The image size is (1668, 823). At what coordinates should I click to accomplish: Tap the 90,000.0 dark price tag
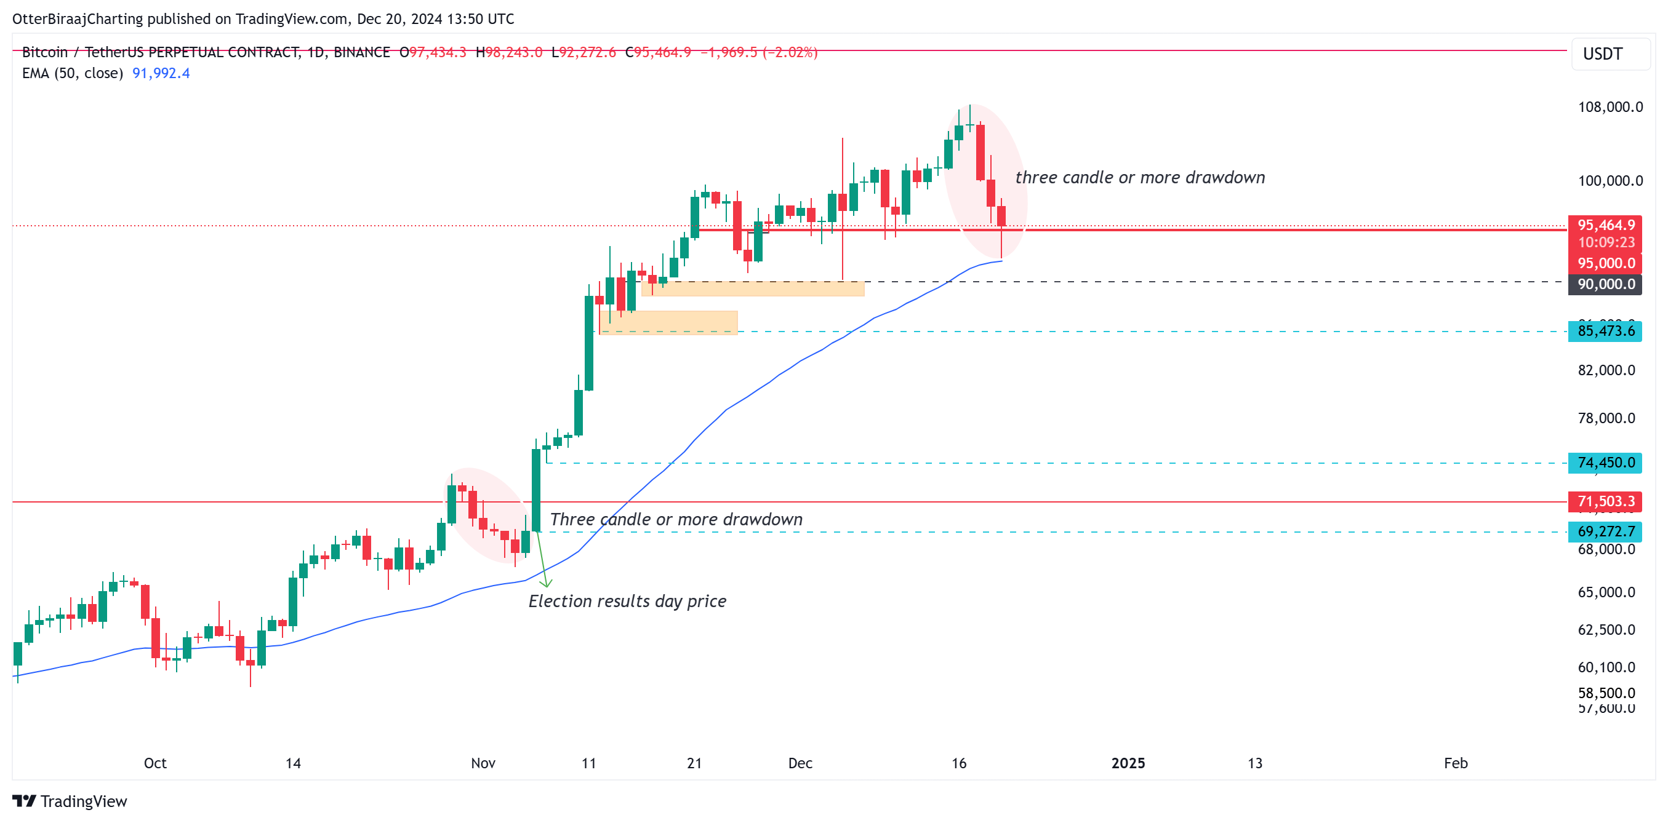[1605, 284]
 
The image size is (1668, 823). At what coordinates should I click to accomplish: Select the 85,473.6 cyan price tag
[1605, 332]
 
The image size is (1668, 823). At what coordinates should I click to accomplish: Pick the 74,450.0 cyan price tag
[1605, 463]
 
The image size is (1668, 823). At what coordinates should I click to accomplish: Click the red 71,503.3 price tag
[1605, 501]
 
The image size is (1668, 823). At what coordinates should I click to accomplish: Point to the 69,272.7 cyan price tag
[1605, 532]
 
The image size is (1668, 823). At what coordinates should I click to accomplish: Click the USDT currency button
[1603, 54]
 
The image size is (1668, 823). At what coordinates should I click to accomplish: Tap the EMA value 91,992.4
[161, 73]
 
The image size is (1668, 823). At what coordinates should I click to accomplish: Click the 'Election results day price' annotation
[627, 601]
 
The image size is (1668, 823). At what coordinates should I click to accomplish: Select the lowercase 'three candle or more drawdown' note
[1140, 177]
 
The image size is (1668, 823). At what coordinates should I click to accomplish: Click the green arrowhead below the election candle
[546, 584]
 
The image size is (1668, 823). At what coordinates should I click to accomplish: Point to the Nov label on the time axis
[483, 763]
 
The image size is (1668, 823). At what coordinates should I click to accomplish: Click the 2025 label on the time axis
[1128, 763]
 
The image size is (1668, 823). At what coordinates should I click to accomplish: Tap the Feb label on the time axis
[1456, 763]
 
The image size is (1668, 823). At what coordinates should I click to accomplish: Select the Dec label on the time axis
[800, 763]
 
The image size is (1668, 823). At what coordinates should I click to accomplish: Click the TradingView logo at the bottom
[70, 801]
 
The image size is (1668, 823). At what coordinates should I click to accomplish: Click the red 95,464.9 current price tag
[1605, 225]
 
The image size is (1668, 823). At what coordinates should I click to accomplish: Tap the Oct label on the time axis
[154, 763]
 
